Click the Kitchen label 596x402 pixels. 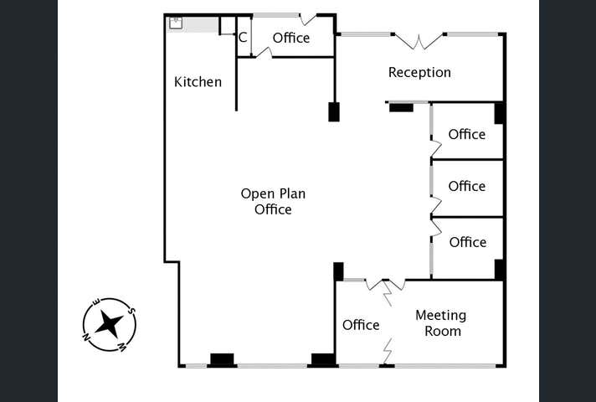click(198, 82)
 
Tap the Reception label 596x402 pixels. click(419, 73)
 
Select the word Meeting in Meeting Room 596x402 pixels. click(440, 316)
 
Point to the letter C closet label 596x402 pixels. click(243, 38)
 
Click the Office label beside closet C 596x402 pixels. click(290, 38)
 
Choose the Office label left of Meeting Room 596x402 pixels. click(361, 325)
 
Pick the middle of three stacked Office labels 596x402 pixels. click(466, 186)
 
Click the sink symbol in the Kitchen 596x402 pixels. click(176, 23)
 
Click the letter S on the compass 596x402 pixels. click(131, 312)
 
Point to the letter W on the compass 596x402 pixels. click(123, 346)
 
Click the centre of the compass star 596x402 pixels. click(109, 324)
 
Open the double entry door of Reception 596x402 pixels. click(419, 40)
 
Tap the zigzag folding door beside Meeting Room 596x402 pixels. click(388, 350)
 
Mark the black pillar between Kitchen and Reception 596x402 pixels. click(334, 111)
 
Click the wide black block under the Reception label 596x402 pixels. click(402, 107)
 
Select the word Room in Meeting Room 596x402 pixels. click(442, 331)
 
